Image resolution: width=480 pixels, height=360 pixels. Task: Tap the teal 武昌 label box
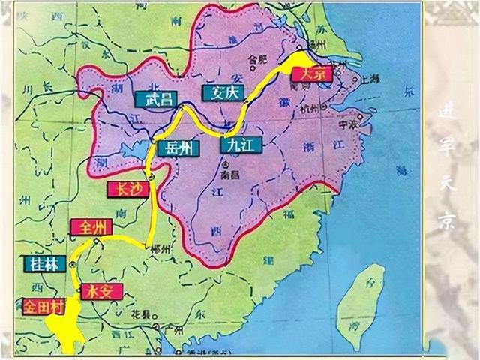[x=154, y=97]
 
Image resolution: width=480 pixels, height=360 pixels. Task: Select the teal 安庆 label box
[x=220, y=92]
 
